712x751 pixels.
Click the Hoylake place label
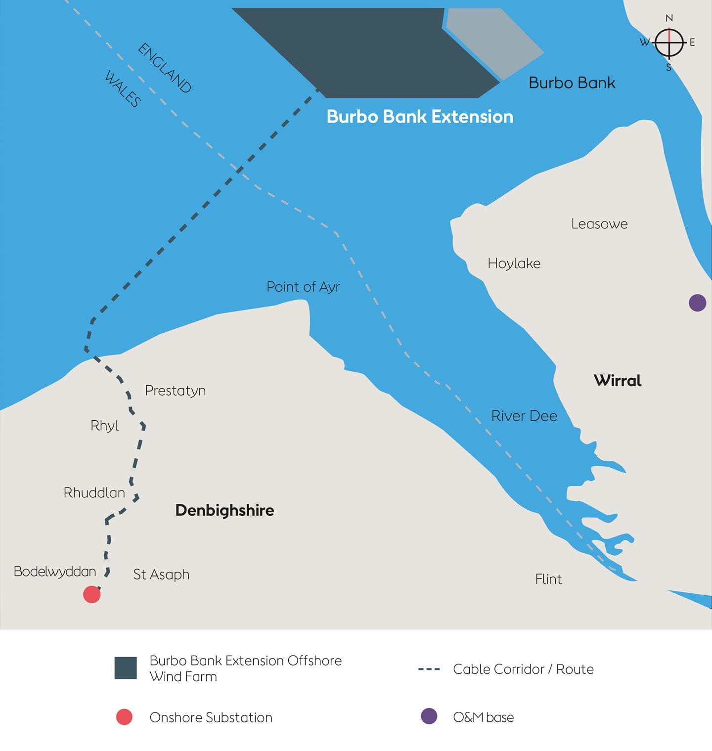514,264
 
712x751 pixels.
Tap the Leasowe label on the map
599,224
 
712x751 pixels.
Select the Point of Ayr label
303,287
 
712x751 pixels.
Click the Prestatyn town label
175,391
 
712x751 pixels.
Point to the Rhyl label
104,426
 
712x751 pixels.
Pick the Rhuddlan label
94,493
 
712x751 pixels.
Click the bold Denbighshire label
224,510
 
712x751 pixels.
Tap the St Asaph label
161,574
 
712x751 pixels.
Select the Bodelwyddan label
55,572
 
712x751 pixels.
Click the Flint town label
548,579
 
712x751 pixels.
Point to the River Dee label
524,416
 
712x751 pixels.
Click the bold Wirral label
618,381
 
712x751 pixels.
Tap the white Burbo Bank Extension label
420,117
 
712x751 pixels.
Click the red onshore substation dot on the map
92,594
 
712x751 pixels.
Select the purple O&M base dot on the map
697,303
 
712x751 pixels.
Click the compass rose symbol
669,43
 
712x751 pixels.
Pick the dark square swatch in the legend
126,668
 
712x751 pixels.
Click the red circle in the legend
124,717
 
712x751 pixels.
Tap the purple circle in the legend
429,716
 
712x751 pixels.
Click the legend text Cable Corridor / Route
523,669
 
